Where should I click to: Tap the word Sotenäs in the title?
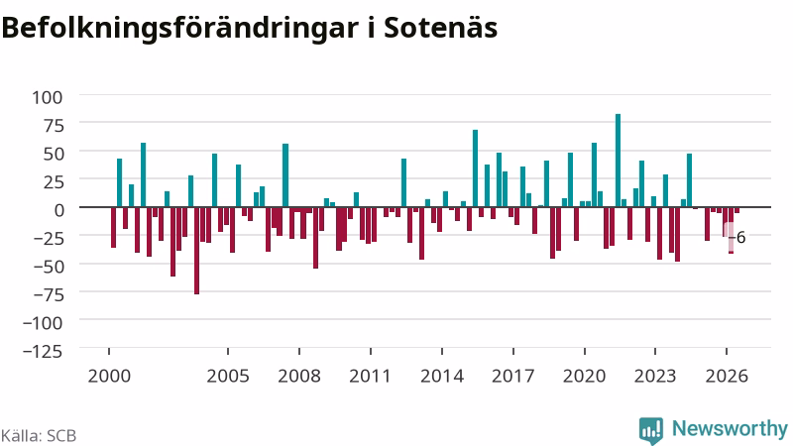[440, 28]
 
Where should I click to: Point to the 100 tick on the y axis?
[48, 96]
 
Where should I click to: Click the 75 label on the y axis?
[55, 125]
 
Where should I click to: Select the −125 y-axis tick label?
[43, 351]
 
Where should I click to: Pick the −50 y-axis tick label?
[49, 266]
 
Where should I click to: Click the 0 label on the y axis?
[58, 209]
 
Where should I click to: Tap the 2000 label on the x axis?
[109, 377]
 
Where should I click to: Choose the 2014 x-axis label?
[442, 377]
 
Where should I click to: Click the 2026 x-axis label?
[727, 377]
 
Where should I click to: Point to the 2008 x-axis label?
[299, 377]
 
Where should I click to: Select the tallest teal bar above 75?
[618, 161]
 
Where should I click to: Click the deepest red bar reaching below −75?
[196, 251]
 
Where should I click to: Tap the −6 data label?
[737, 238]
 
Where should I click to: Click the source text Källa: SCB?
[39, 436]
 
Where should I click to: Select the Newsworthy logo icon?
[651, 430]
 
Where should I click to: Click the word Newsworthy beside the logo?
[730, 428]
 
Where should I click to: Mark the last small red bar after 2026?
[736, 210]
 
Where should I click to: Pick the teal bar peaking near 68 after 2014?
[476, 168]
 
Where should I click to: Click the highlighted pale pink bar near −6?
[728, 237]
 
